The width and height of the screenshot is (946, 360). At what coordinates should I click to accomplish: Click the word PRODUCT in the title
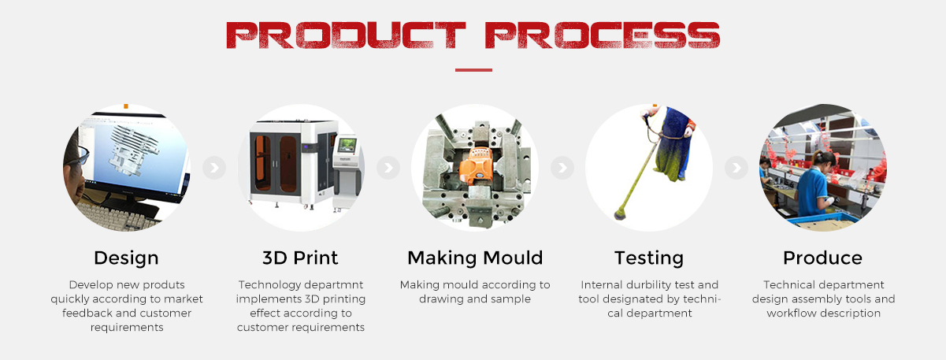[x=346, y=35]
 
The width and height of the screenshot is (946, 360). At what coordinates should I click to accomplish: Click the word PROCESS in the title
[x=603, y=35]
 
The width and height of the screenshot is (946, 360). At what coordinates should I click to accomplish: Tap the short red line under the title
[x=473, y=70]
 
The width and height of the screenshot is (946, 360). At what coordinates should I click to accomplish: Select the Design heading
[x=126, y=258]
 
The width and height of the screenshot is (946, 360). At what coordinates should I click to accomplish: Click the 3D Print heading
[x=300, y=258]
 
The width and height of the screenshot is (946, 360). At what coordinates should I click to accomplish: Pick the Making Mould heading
[x=475, y=258]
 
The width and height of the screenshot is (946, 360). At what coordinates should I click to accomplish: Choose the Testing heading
[x=649, y=258]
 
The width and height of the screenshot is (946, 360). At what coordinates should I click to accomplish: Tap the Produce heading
[x=822, y=258]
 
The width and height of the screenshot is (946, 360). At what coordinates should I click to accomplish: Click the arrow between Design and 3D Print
[x=214, y=168]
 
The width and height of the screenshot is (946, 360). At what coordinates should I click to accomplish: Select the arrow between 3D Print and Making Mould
[x=388, y=168]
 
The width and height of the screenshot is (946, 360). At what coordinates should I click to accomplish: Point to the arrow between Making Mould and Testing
[x=562, y=168]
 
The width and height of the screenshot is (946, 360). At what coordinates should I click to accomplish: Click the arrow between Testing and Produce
[x=736, y=168]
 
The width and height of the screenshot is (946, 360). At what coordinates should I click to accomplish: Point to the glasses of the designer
[x=83, y=155]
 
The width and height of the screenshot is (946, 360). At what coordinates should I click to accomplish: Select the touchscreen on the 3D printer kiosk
[x=347, y=145]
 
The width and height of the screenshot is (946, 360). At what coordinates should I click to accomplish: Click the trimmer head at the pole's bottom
[x=620, y=213]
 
